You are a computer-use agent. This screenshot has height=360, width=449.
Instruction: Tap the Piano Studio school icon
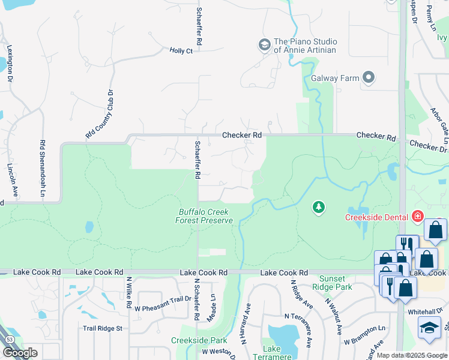click(x=264, y=45)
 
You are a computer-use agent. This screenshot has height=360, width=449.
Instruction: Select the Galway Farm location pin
click(x=369, y=78)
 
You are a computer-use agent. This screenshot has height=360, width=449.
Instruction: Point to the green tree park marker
click(x=319, y=208)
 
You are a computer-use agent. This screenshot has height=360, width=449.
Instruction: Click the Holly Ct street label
click(x=181, y=51)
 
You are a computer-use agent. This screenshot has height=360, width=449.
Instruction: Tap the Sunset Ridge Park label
click(x=332, y=283)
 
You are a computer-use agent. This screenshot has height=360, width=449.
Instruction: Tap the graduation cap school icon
click(x=429, y=328)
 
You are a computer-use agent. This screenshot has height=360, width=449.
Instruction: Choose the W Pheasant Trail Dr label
click(x=162, y=308)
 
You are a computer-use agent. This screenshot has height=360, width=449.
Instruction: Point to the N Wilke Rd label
click(x=128, y=293)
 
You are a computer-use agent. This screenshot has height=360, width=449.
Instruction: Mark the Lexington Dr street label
click(x=10, y=62)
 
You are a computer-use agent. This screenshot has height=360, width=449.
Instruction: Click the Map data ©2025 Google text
click(x=412, y=355)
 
